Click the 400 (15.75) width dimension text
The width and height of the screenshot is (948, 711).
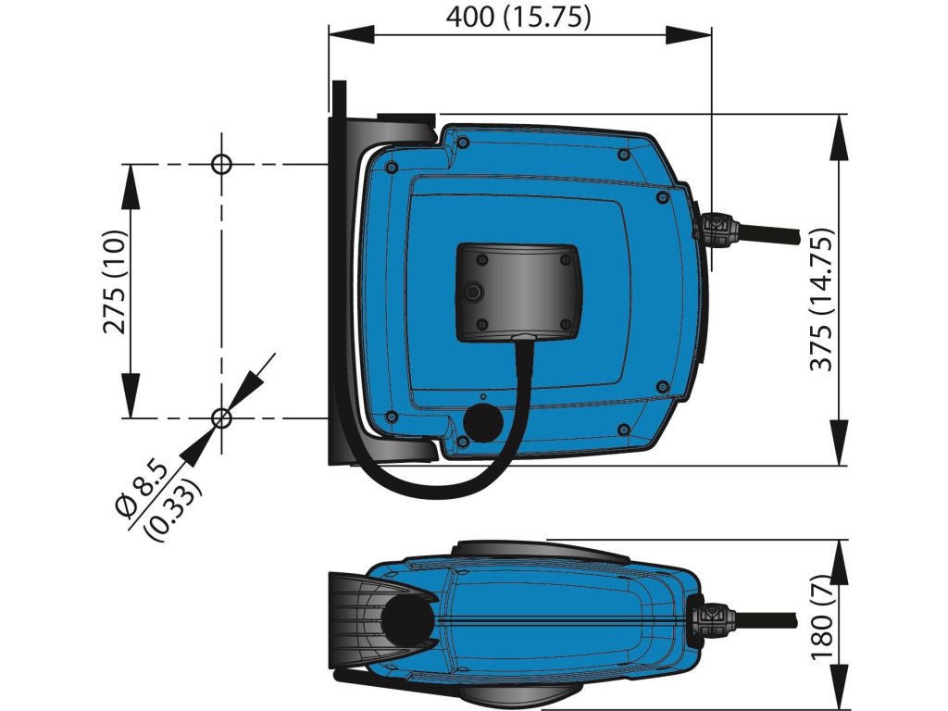(x=518, y=17)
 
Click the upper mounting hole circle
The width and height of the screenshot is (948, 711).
(x=221, y=165)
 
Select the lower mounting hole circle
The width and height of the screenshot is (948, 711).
(x=221, y=418)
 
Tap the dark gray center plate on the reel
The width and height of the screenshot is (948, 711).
(x=518, y=290)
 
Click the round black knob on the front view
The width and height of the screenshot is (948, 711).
(x=482, y=422)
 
